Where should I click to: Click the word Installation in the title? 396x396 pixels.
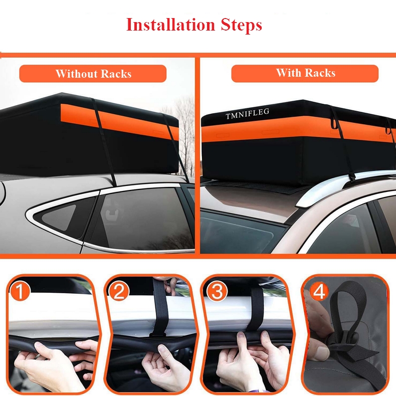click(170, 25)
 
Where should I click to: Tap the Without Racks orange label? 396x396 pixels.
click(93, 74)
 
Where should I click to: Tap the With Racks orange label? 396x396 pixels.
click(305, 73)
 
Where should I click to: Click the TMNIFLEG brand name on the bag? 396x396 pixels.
click(247, 113)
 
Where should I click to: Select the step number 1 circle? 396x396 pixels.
click(20, 291)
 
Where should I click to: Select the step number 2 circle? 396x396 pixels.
click(119, 291)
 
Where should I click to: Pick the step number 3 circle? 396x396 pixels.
click(217, 291)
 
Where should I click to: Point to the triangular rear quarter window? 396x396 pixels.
click(59, 217)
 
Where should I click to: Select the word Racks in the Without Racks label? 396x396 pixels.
click(116, 74)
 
